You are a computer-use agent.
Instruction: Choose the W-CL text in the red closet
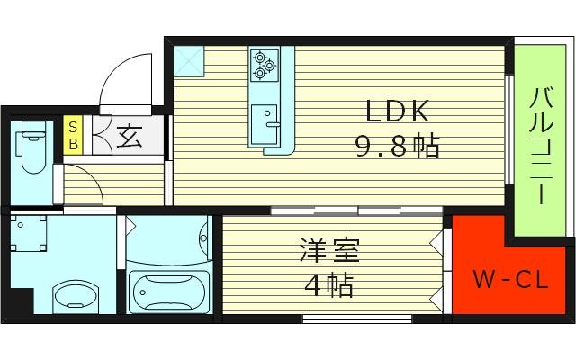[510, 281]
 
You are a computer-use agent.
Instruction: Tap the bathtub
[169, 290]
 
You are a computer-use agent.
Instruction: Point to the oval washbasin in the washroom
[78, 293]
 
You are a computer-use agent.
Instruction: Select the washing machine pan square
[33, 233]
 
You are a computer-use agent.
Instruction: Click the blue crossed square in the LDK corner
[190, 60]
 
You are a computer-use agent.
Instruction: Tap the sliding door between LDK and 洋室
[356, 211]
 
